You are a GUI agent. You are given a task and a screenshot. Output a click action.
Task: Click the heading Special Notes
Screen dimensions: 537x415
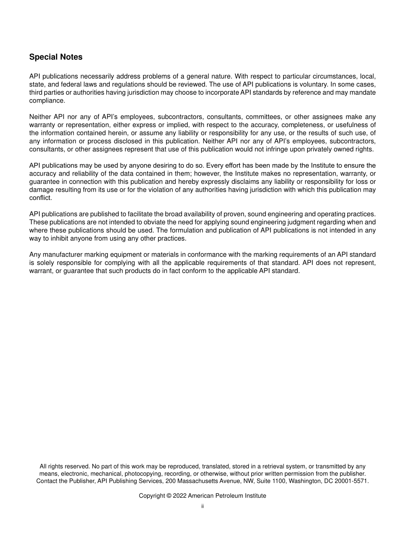55,57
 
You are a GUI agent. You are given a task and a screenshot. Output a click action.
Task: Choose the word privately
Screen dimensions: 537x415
320,149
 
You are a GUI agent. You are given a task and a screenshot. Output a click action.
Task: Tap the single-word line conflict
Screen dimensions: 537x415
40,198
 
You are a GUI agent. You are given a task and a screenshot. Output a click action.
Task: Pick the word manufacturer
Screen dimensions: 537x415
63,255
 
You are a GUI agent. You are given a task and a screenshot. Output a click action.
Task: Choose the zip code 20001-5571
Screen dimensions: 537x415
352,481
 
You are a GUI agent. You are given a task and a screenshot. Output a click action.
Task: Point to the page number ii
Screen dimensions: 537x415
202,506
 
